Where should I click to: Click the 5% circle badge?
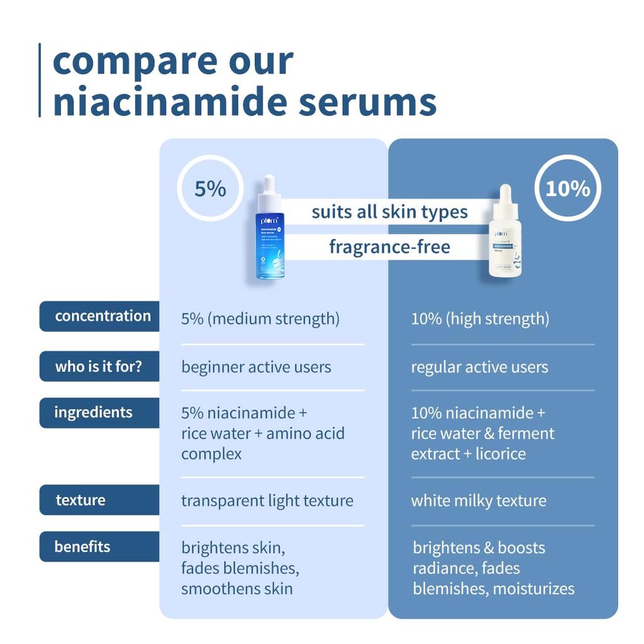210,188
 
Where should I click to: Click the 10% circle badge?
567,188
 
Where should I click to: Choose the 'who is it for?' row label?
99,366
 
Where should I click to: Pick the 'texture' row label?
80,500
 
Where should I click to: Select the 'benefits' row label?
82,547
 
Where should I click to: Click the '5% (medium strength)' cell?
260,319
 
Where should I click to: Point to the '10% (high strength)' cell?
480,319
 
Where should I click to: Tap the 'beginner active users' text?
256,367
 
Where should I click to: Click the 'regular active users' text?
479,367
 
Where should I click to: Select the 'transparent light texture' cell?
267,501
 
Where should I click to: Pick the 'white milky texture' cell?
479,501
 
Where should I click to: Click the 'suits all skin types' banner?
389,212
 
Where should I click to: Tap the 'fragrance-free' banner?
389,247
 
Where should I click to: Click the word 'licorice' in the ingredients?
497,453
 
